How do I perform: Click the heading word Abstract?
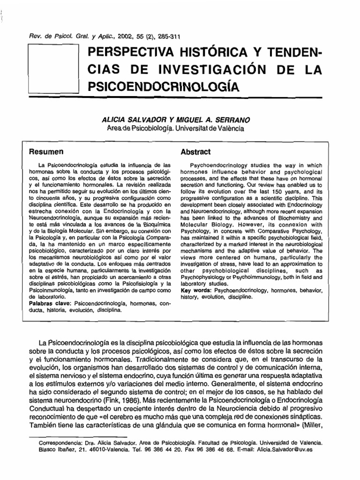click(x=195, y=152)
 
